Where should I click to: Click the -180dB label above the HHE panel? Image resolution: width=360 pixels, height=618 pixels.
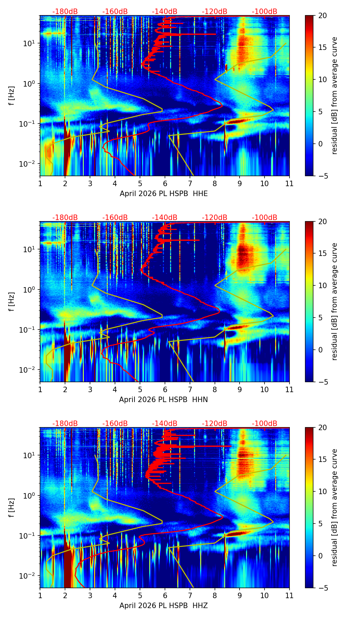pyautogui.click(x=65, y=12)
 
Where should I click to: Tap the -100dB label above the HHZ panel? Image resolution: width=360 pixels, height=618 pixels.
pyautogui.click(x=265, y=424)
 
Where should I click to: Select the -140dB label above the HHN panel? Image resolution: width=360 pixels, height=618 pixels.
pyautogui.click(x=165, y=218)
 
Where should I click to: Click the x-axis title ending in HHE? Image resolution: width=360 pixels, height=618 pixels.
pyautogui.click(x=164, y=194)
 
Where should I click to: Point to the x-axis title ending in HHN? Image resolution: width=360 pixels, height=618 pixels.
pyautogui.click(x=164, y=400)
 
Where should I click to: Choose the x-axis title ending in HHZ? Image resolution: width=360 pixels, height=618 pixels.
pyautogui.click(x=164, y=606)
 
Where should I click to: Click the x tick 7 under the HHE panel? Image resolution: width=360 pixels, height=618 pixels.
pyautogui.click(x=190, y=183)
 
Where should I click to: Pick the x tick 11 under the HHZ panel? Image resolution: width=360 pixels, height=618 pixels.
pyautogui.click(x=289, y=595)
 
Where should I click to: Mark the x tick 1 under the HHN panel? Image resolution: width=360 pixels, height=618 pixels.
pyautogui.click(x=40, y=389)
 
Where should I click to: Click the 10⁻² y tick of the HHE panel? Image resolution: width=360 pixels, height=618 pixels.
pyautogui.click(x=30, y=164)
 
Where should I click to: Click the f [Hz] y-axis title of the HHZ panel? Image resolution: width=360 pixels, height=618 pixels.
pyautogui.click(x=12, y=508)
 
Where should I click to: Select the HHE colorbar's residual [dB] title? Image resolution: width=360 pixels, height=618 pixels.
pyautogui.click(x=334, y=96)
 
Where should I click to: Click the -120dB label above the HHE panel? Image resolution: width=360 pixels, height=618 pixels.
pyautogui.click(x=215, y=12)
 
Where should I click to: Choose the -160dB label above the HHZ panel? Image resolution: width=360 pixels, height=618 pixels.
pyautogui.click(x=115, y=424)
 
